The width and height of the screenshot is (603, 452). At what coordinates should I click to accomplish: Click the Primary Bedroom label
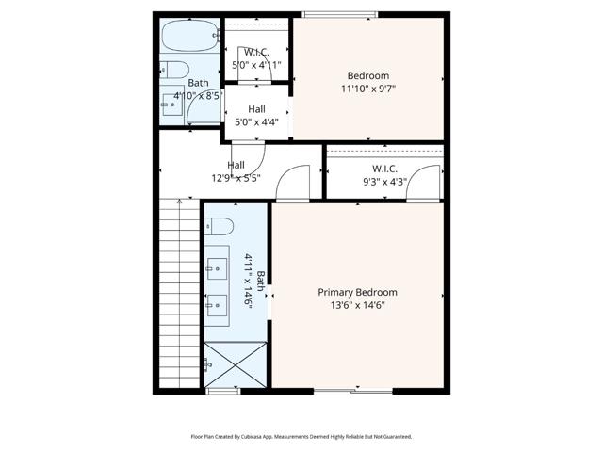coord(357,292)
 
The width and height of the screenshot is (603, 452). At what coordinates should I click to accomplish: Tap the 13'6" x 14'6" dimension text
coord(357,305)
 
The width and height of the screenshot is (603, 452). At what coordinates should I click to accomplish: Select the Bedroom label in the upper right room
coord(367,76)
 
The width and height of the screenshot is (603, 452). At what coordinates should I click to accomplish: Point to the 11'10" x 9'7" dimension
coord(367,89)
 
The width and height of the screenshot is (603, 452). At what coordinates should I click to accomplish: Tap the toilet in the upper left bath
coord(172,69)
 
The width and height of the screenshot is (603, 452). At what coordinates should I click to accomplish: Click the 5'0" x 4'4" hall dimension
coord(256,121)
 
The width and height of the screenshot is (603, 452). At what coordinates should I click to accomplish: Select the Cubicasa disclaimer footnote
coord(301,437)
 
